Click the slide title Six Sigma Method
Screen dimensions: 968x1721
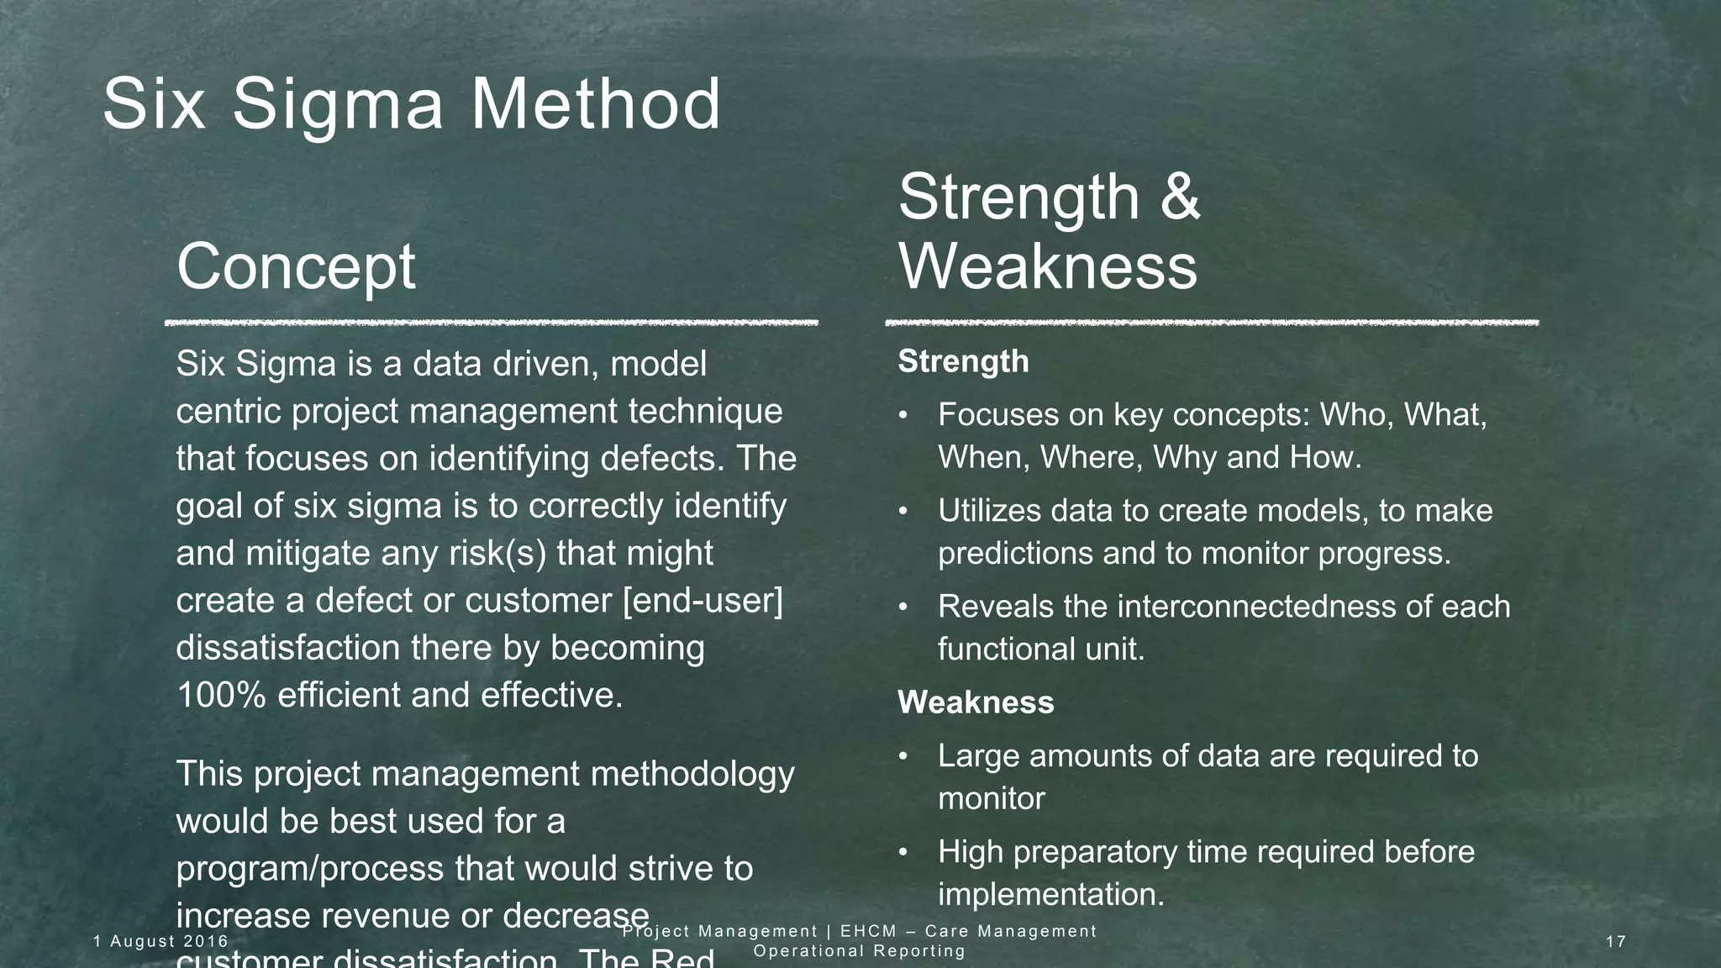click(412, 104)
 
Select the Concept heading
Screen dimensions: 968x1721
click(296, 266)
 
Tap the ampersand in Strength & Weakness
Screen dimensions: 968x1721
click(1182, 197)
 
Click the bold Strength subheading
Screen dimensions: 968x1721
click(963, 361)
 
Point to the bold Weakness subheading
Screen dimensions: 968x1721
click(976, 702)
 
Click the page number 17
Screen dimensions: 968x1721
click(1616, 941)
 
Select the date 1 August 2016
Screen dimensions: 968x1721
click(161, 941)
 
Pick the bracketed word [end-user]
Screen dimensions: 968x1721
click(703, 601)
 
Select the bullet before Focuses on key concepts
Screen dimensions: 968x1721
click(904, 415)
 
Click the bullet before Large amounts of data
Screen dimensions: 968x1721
click(904, 756)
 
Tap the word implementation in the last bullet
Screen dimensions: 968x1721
click(1050, 894)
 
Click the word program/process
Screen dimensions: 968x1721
click(310, 869)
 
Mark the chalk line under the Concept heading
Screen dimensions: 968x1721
click(492, 323)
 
